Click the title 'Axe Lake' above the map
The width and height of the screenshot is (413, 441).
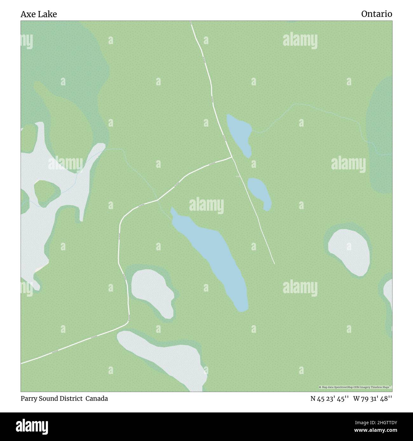tap(39, 14)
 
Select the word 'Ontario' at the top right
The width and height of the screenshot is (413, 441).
tap(376, 14)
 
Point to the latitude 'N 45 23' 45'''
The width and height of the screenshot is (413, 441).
tap(330, 398)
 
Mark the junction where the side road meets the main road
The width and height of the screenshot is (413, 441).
tap(232, 157)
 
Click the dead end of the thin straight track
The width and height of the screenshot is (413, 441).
tap(274, 264)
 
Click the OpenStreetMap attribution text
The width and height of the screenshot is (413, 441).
tap(355, 387)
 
